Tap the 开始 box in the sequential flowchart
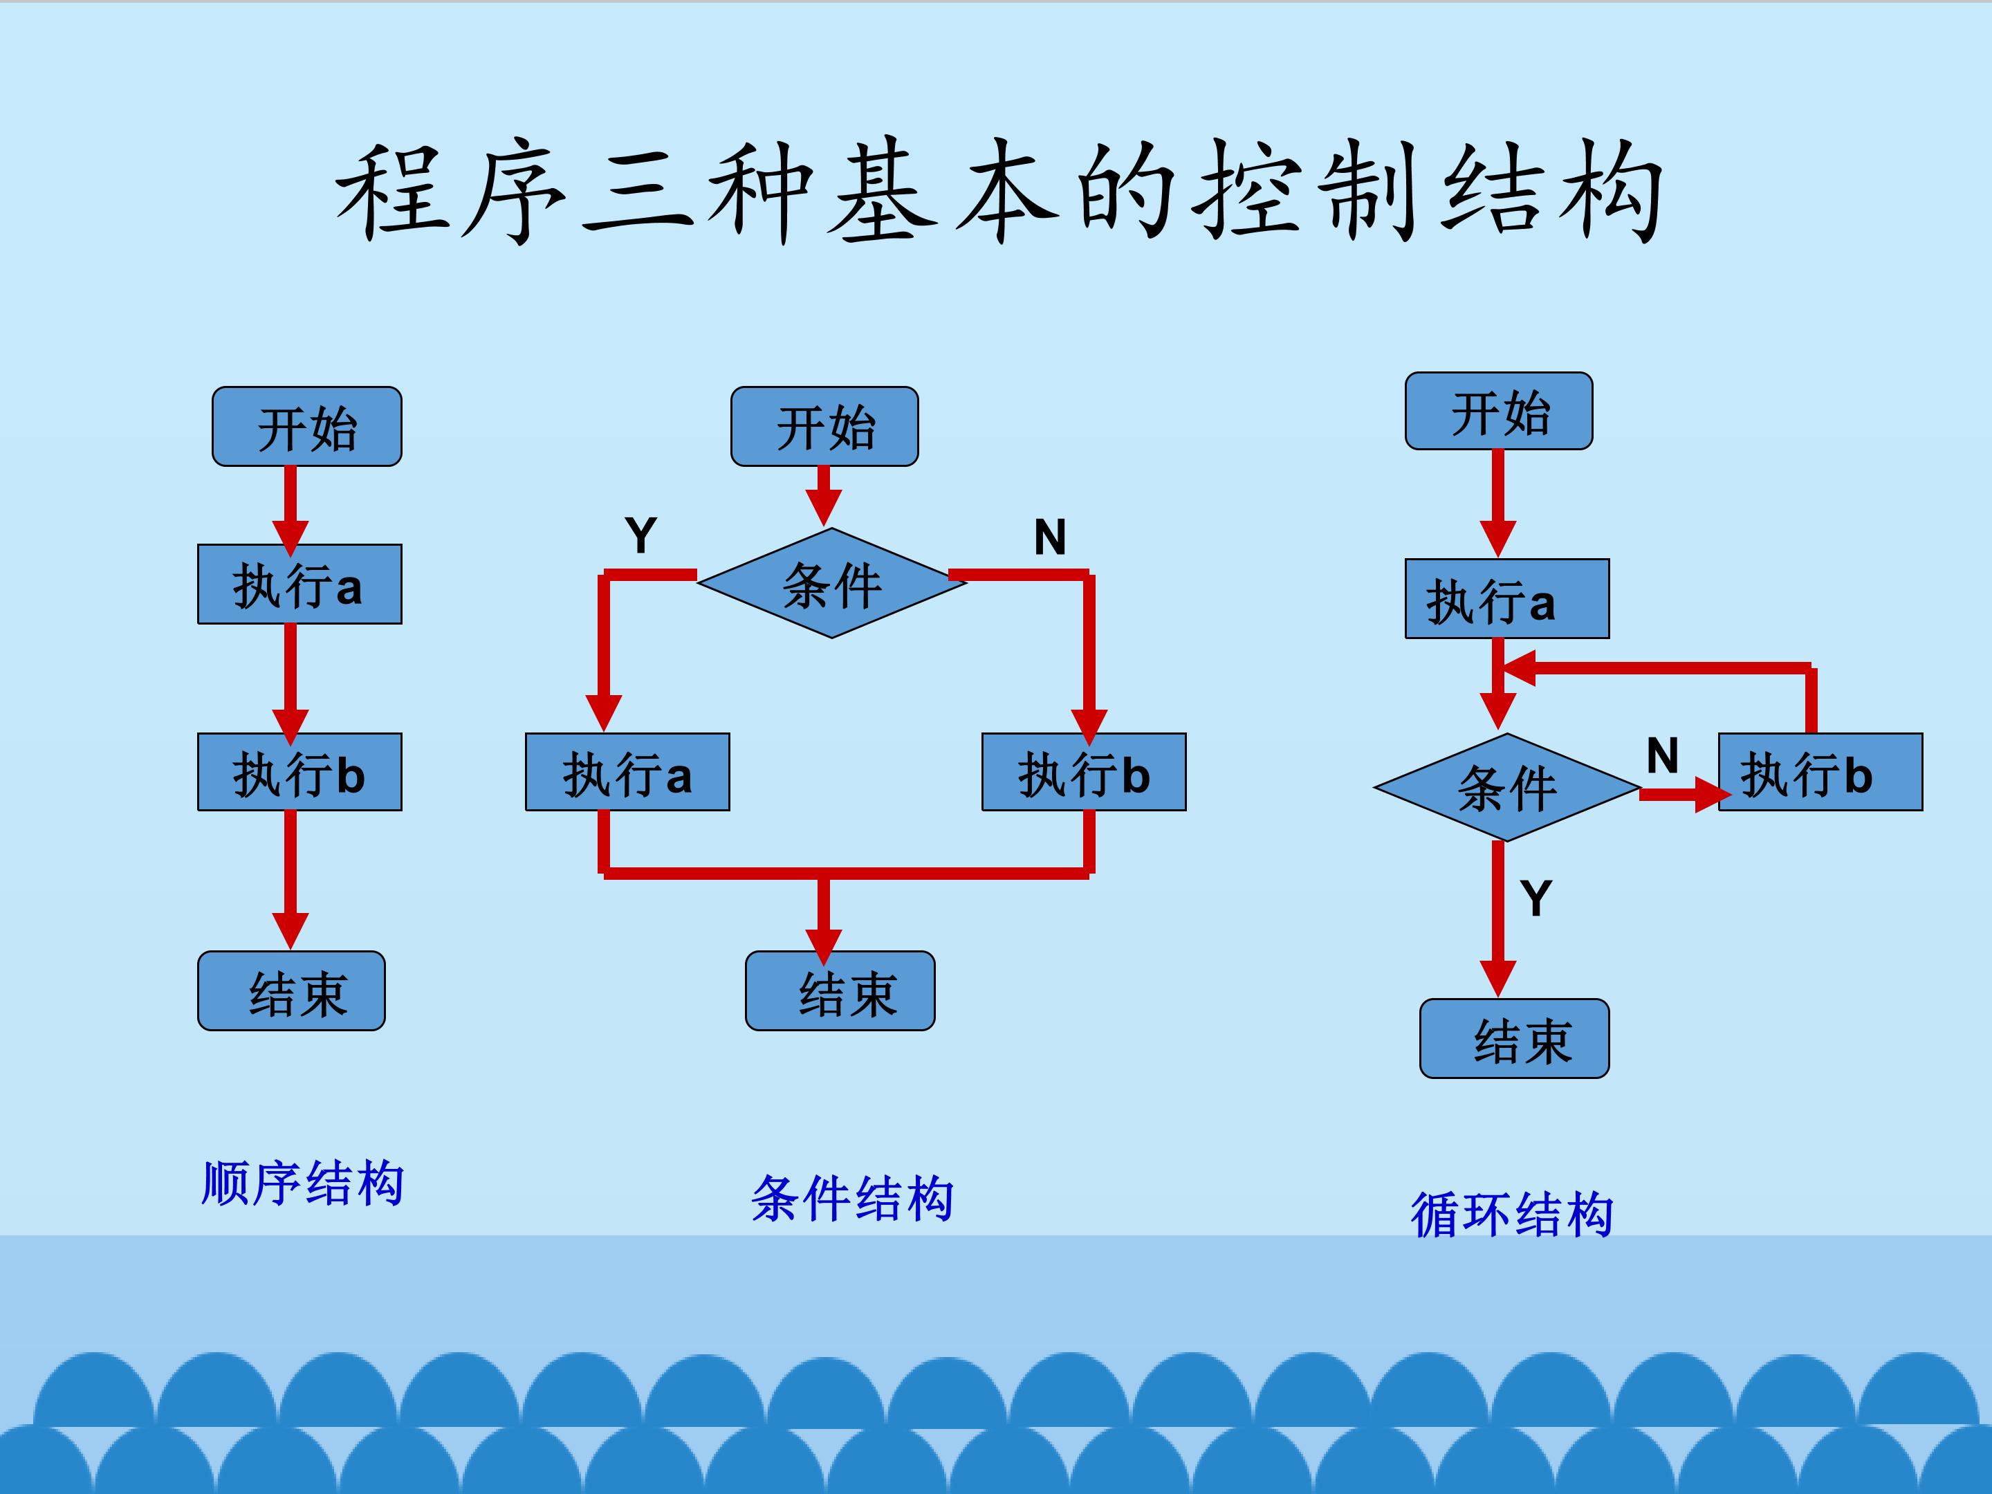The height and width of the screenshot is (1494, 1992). [x=307, y=427]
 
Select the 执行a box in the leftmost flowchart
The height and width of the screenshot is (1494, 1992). [x=300, y=584]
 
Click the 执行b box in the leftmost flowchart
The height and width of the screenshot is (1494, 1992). [x=300, y=772]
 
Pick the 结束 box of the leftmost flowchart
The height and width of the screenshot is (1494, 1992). [x=292, y=990]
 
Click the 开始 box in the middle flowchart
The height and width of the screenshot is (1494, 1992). [x=825, y=427]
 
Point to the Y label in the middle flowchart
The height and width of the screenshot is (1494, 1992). [x=641, y=536]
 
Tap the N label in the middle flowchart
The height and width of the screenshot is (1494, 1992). [x=1050, y=537]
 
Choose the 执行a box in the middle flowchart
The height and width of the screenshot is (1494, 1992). [x=627, y=772]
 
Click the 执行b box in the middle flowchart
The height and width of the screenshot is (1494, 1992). [x=1085, y=772]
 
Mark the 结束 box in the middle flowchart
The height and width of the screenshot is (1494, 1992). [x=840, y=990]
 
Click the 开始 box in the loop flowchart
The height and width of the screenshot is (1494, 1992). [x=1500, y=411]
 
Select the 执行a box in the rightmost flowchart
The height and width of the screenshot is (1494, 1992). [x=1508, y=599]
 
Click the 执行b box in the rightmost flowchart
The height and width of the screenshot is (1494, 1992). [x=1821, y=772]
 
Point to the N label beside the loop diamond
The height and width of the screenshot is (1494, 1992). [x=1662, y=755]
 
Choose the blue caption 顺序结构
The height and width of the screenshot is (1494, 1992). [x=302, y=1183]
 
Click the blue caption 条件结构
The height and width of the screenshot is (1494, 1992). [x=852, y=1199]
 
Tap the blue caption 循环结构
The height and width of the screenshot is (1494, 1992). [x=1512, y=1214]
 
